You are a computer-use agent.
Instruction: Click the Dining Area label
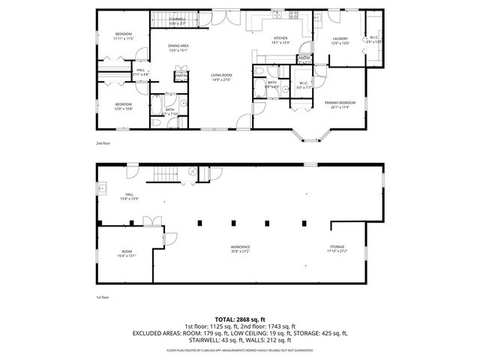178,46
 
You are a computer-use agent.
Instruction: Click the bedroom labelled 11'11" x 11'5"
124,34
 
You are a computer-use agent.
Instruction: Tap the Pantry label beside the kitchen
304,58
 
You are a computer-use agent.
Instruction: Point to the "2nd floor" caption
103,142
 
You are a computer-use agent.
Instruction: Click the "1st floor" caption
103,297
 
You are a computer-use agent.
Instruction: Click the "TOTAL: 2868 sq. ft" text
240,319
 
